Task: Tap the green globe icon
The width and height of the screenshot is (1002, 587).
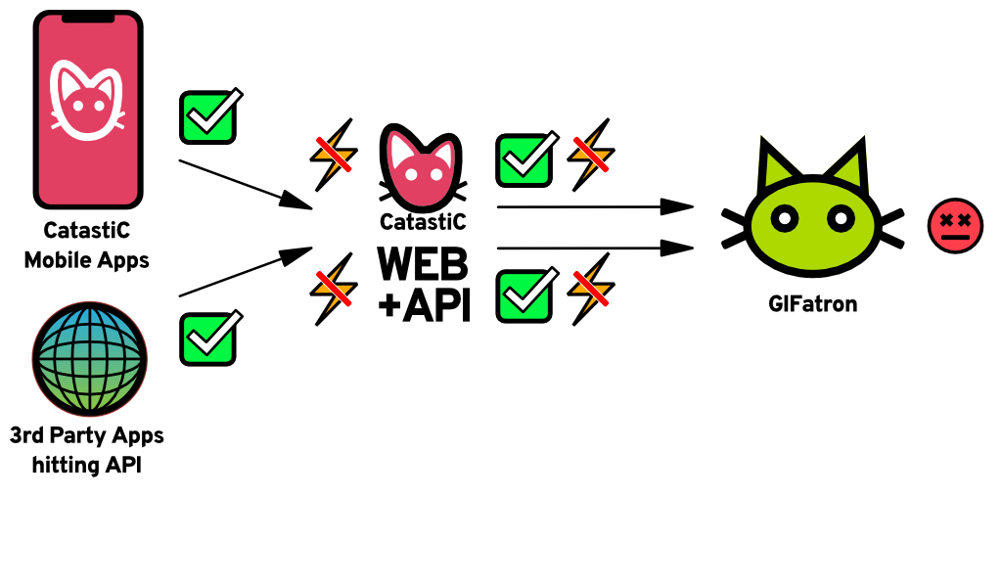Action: pos(89,360)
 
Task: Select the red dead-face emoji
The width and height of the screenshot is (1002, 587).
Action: pos(955,226)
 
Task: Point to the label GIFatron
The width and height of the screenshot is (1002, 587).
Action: pos(812,304)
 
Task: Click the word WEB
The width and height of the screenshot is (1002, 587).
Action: pos(424,263)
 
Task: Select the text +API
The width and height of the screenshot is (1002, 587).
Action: pos(424,304)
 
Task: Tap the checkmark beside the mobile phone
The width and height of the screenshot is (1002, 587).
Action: pos(208,117)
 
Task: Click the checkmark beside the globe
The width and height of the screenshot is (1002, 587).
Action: pos(208,339)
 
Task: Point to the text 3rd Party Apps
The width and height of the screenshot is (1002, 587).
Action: pos(87,434)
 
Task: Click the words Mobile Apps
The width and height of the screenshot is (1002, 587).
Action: pos(87,260)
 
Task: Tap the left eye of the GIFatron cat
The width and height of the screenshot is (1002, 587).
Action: pos(784,219)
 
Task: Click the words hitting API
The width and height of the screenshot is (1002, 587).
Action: pos(87,465)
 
